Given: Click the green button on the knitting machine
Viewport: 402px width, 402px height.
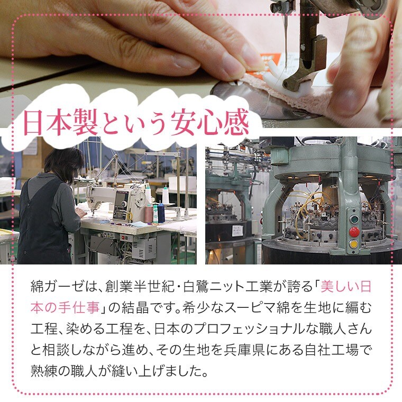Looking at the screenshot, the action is [354, 219].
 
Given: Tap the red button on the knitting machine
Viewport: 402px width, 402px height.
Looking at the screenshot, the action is [354, 232].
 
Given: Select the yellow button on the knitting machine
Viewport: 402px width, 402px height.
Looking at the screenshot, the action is [353, 244].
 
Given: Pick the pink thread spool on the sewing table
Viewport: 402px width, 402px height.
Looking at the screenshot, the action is [149, 213].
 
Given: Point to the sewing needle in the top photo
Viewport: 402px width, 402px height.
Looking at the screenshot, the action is [285, 39].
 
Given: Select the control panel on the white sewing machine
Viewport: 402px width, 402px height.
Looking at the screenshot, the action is [121, 205].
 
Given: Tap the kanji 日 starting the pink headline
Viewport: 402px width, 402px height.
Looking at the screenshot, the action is [33, 124].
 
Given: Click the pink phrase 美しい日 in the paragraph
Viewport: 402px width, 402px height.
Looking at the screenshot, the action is [346, 286].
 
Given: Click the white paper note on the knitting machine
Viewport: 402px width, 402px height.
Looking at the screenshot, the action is [237, 231].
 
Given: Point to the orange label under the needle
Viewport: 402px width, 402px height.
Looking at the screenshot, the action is [269, 61].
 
